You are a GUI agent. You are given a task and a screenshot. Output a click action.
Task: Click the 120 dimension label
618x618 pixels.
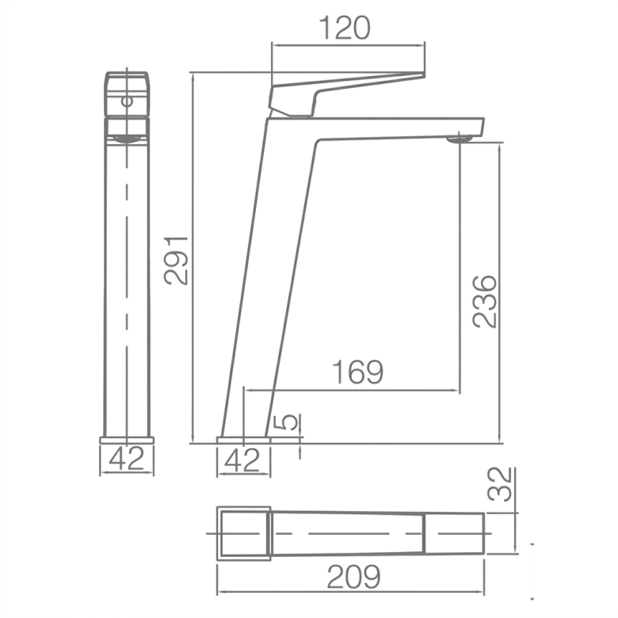click(344, 28)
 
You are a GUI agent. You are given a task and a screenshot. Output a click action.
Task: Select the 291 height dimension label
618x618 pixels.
click(176, 260)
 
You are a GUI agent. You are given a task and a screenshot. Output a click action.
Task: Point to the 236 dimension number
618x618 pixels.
click(485, 302)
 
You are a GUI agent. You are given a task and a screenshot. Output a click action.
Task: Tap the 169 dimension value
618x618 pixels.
click(357, 372)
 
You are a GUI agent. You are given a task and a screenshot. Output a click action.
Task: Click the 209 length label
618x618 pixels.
click(354, 577)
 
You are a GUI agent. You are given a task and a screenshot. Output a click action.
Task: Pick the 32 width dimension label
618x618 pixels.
click(499, 484)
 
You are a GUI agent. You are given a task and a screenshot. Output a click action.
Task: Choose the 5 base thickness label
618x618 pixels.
click(291, 422)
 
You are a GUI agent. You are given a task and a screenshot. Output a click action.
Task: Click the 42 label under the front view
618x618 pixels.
click(127, 459)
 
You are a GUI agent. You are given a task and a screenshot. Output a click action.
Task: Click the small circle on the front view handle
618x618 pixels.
click(127, 101)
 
